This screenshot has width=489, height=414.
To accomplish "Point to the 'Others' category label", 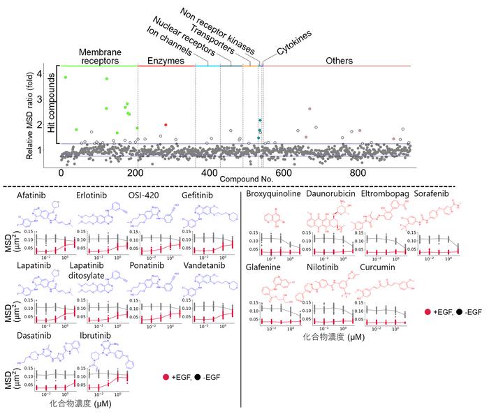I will (340, 61).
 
